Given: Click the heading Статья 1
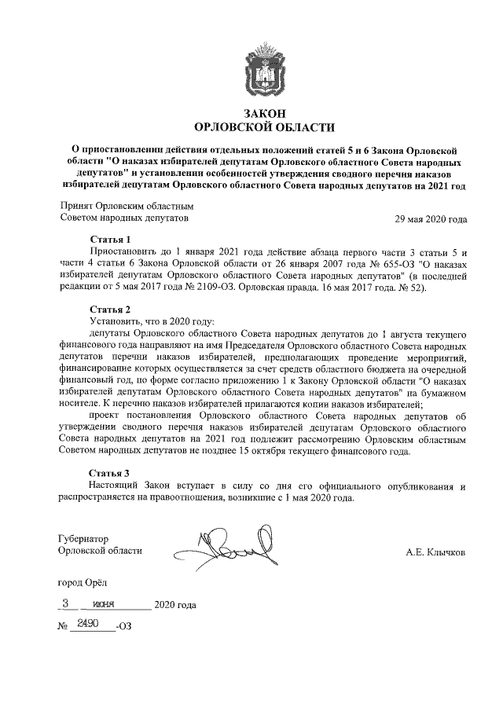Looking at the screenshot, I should coord(110,239).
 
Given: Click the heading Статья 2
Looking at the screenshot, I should coord(110,309).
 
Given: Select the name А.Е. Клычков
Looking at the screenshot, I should coord(435,552).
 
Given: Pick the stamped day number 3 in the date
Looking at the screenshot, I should coord(65,603).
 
